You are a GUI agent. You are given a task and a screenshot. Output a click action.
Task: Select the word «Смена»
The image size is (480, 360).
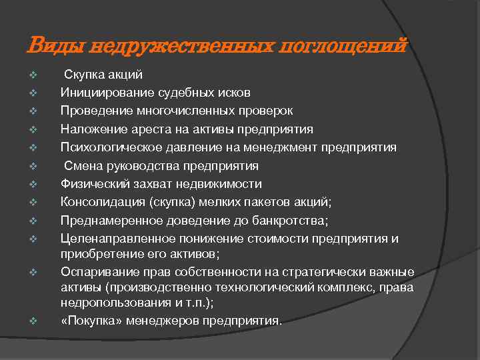click(81, 165)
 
